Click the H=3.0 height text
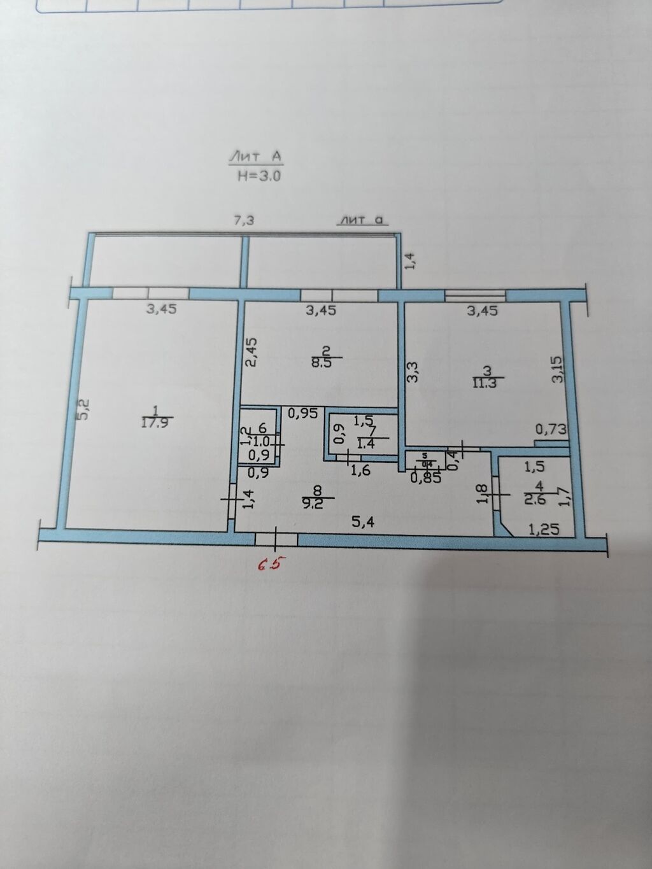point(259,177)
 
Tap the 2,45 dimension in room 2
point(252,352)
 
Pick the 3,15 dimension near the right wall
point(557,369)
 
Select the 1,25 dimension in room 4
point(544,528)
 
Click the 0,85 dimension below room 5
point(425,477)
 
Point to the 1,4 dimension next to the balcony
point(410,261)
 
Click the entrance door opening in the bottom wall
point(276,539)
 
